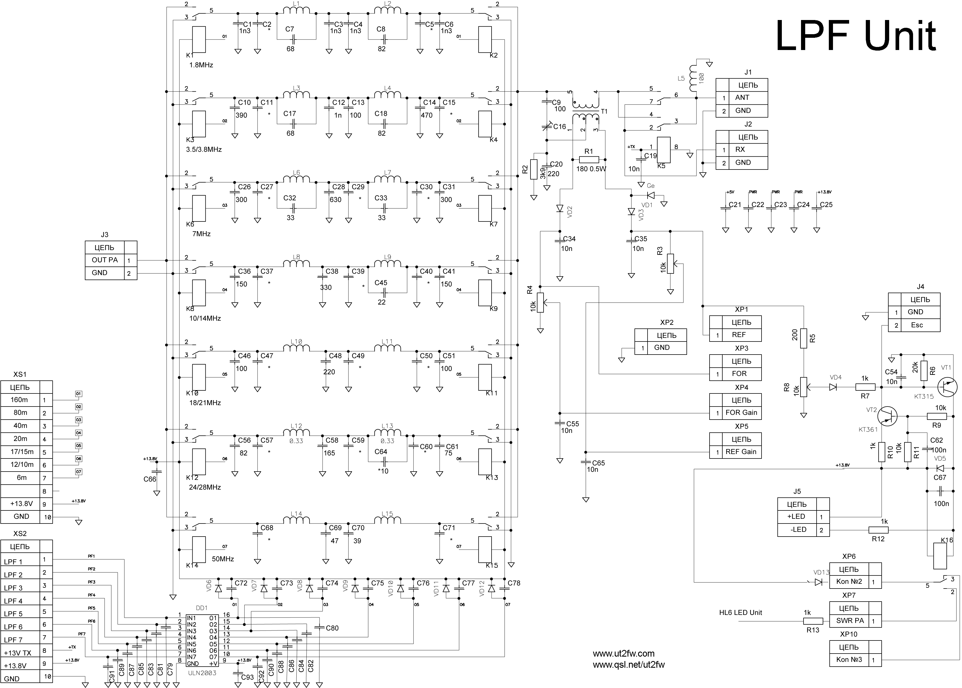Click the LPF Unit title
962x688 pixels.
(855, 37)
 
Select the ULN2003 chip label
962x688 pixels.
(202, 672)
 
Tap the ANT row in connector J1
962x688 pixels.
(742, 98)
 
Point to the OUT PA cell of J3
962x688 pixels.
(104, 260)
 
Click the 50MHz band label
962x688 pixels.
(223, 559)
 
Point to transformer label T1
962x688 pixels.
(604, 111)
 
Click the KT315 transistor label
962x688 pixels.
(924, 397)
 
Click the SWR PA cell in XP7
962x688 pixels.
(850, 621)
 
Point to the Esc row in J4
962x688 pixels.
(917, 325)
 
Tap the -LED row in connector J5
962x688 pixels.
(798, 530)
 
